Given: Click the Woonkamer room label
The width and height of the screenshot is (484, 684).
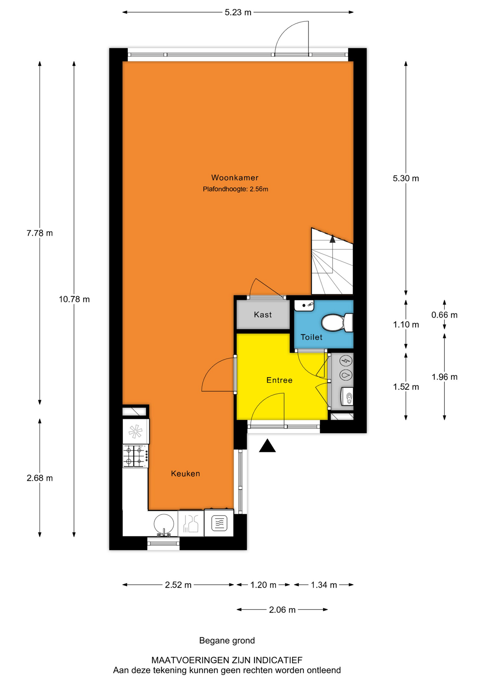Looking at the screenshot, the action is pos(235,177).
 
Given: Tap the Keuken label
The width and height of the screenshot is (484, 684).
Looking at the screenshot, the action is pos(185,473).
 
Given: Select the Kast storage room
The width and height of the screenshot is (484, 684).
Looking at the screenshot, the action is pos(263,315).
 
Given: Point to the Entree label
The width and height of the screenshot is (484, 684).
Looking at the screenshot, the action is pos(279,380).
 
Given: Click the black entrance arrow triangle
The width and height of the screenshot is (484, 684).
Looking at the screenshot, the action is pos(267,446).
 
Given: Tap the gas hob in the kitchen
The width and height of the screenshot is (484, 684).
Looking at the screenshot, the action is pos(135,456).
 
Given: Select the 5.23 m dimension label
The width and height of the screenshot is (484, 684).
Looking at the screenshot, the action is pos(238,12).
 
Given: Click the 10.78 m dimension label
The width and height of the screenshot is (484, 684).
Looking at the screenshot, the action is pos(74,299).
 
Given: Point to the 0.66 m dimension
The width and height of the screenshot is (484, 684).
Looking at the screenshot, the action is pos(444,315).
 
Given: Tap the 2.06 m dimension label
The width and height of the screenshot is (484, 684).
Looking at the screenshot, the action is pos(282,610).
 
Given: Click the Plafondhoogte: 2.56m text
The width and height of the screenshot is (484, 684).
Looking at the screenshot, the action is pos(235,189).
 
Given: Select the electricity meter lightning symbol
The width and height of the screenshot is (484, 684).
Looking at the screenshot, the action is pos(346,361).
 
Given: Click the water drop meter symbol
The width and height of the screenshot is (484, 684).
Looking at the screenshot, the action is pos(346,375).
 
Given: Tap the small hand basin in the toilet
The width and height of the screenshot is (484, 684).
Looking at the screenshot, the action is pos(304,305).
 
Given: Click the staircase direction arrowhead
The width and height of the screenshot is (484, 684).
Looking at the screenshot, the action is pos(333,239).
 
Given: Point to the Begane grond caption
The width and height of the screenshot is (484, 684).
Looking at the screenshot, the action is pos(227,641).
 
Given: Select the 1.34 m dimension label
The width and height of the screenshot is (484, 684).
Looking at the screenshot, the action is pos(324,585).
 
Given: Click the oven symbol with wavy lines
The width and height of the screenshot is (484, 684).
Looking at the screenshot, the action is pos(219,523).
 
